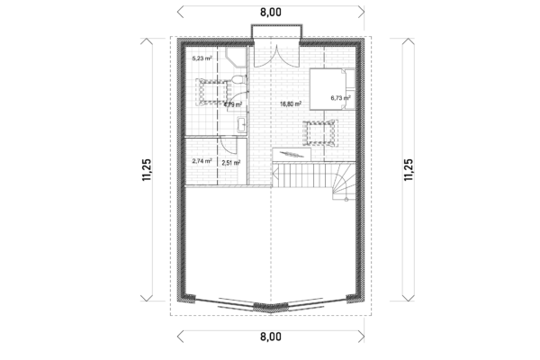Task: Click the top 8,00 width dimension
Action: pos(271,12)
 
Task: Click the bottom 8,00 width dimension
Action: pos(271,337)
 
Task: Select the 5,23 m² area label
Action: pos(201,58)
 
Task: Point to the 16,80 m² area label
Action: pos(290,103)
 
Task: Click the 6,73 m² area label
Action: pos(339,98)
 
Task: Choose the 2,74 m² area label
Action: pos(202,162)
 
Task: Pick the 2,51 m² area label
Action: pos(231,163)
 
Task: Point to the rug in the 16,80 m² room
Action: pos(319,132)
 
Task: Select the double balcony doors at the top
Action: pos(273,54)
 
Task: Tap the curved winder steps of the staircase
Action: pos(343,184)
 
